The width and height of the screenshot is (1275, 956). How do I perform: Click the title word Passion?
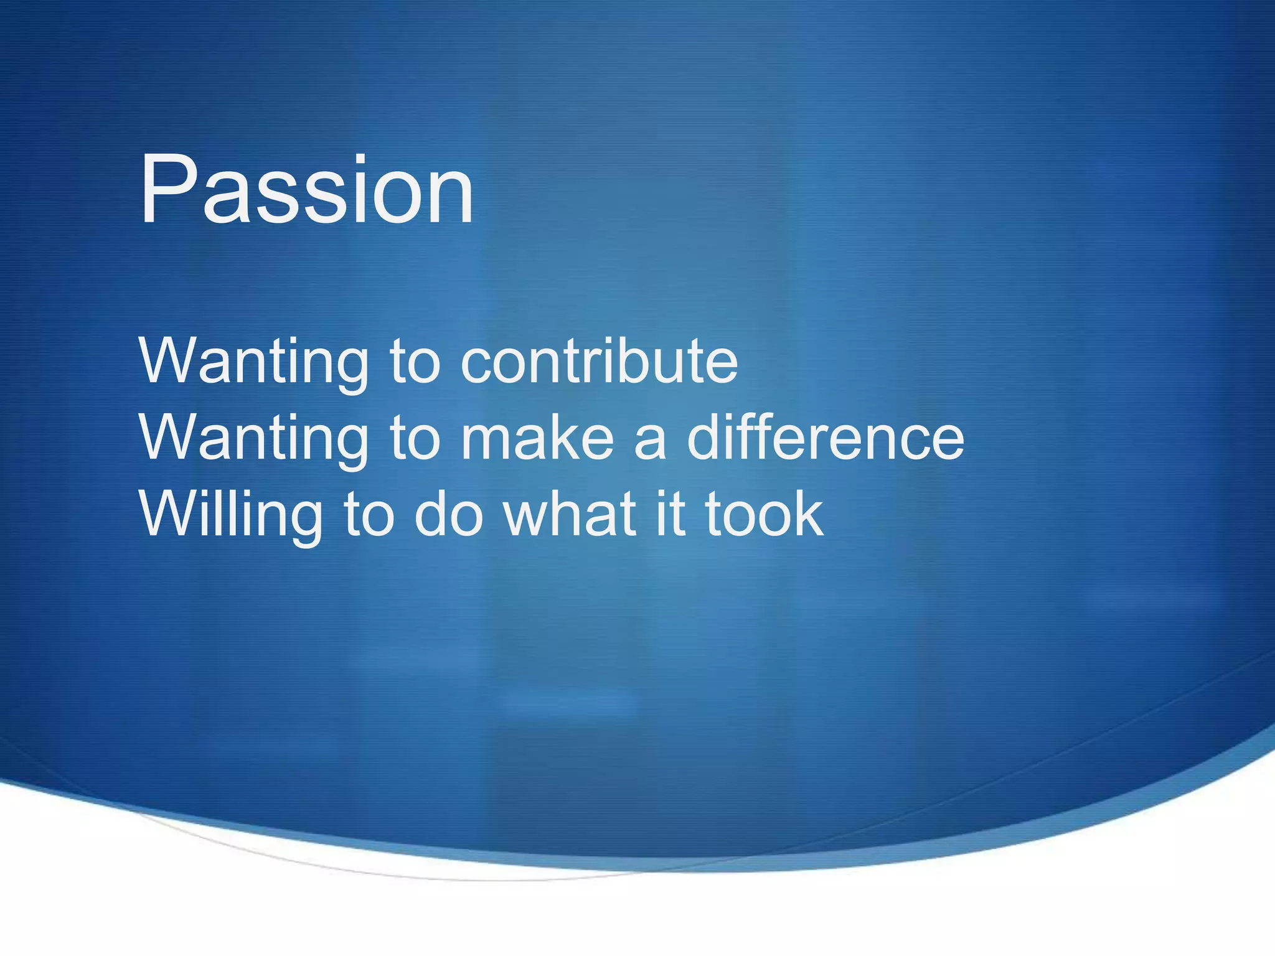pos(306,190)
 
